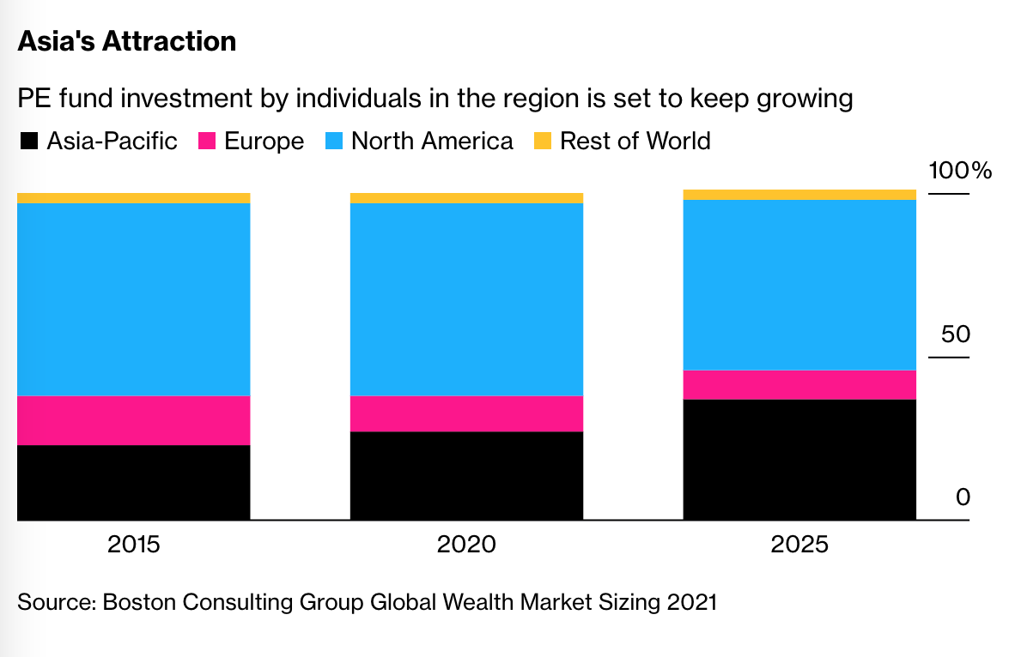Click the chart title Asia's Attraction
[126, 41]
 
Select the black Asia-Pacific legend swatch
[28, 142]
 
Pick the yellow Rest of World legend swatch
[544, 142]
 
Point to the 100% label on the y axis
[959, 171]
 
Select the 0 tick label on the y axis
[963, 497]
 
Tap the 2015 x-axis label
[133, 545]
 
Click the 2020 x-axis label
[466, 545]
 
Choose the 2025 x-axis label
[799, 545]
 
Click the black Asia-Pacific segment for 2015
[133, 483]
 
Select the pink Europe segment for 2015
[133, 420]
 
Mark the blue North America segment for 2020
[466, 299]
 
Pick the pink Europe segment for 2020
[466, 413]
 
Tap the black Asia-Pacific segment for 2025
[799, 460]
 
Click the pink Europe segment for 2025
[799, 385]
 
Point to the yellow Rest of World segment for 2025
[799, 195]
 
